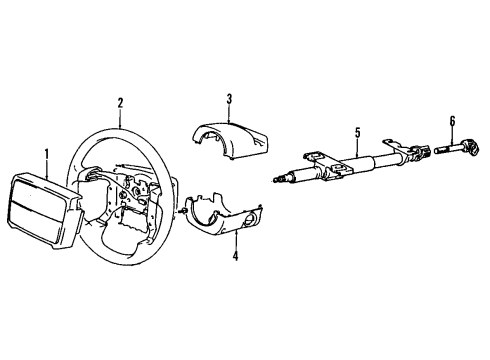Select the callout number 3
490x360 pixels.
(x=228, y=98)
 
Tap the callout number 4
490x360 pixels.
(x=237, y=257)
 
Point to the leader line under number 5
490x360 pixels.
(x=356, y=146)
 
